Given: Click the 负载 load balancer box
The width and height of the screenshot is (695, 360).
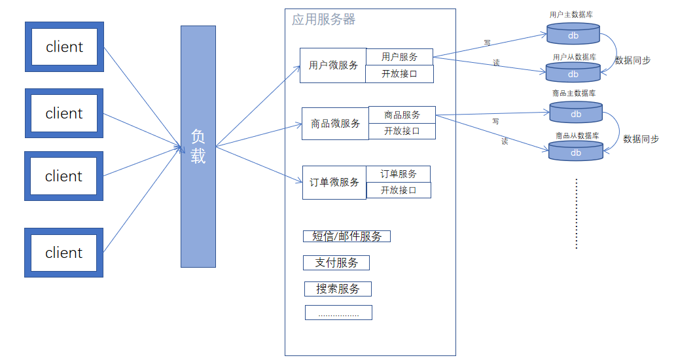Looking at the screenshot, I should tap(198, 146).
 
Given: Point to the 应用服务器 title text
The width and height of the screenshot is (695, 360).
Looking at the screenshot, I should tap(323, 20).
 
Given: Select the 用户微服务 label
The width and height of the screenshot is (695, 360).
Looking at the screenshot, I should tap(333, 65).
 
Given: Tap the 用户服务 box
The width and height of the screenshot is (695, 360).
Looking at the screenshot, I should tap(399, 57).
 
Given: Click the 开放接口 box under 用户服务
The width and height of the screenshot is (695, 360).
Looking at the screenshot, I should tap(399, 74).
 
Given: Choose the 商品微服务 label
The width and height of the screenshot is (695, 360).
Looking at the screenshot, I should tap(335, 124).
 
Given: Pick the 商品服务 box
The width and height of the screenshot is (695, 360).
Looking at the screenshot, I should tap(402, 115).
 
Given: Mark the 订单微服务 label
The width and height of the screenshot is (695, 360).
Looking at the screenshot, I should tap(334, 182).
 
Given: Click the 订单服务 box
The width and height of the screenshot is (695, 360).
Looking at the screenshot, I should tap(398, 173).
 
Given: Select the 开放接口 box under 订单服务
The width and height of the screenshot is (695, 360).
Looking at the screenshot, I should tap(398, 190).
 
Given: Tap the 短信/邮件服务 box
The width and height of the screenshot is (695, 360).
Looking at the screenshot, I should tap(347, 236).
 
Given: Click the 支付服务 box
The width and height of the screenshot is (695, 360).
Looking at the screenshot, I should tap(336, 262).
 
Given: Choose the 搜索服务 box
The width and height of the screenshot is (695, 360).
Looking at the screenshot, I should tap(338, 289).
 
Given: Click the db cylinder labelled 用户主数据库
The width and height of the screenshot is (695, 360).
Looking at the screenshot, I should tap(573, 34).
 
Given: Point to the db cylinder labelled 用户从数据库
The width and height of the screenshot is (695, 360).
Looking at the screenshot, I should tap(573, 73).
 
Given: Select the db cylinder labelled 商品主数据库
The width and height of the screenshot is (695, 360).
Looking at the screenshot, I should tap(575, 113).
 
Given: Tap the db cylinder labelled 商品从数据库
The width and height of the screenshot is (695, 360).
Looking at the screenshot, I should tap(575, 152).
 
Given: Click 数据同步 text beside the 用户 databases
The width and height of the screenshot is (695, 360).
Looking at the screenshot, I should tap(633, 60).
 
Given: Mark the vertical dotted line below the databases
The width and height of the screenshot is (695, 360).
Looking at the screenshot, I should tap(576, 213).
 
